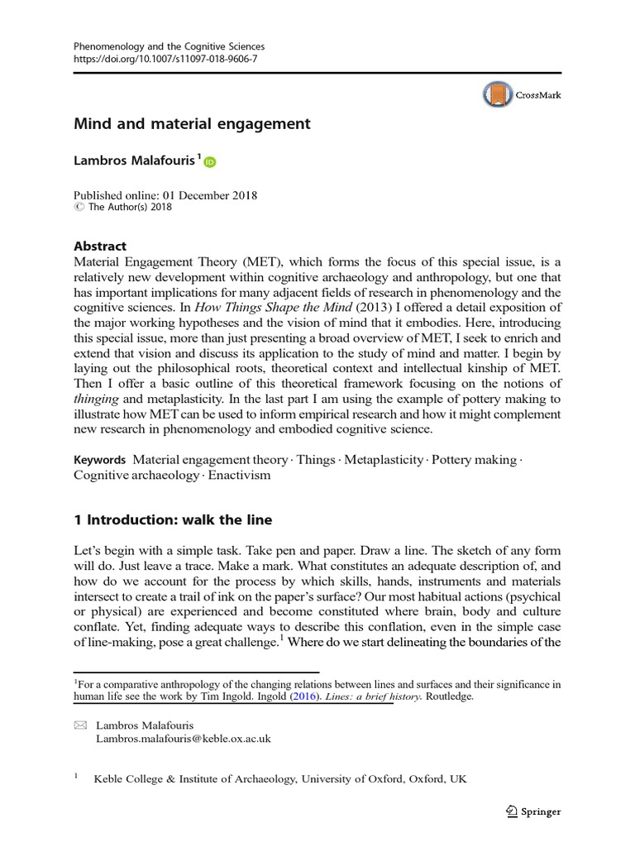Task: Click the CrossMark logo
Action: click(522, 95)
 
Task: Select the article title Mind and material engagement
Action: click(192, 124)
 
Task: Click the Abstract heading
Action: click(100, 246)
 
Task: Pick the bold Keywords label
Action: click(99, 459)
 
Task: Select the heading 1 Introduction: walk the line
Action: click(173, 520)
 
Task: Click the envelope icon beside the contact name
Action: click(80, 725)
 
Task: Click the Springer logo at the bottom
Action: click(532, 811)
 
